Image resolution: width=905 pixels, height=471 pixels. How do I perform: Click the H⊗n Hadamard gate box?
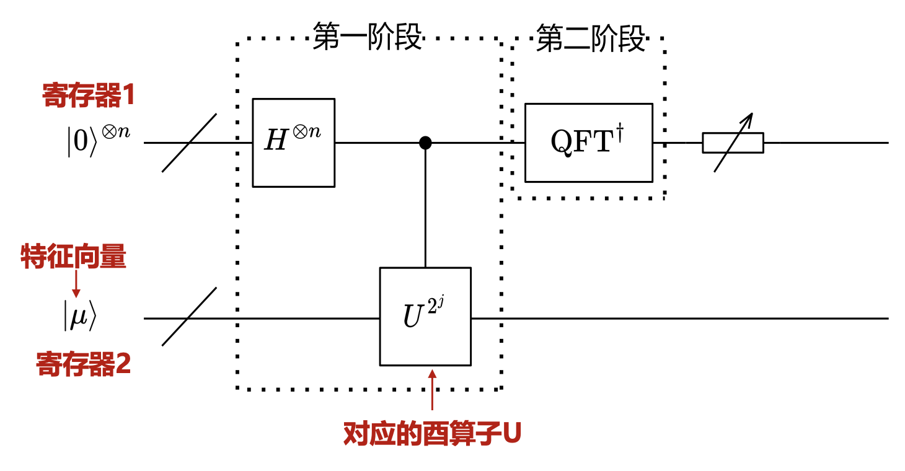(x=293, y=143)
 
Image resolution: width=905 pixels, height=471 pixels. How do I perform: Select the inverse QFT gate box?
(x=588, y=143)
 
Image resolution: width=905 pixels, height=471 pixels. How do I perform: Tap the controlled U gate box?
(x=425, y=317)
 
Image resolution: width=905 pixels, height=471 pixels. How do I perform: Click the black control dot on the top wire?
(x=425, y=143)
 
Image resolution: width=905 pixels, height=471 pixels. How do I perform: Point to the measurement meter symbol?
(x=733, y=143)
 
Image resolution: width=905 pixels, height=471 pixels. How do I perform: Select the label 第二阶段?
(x=591, y=38)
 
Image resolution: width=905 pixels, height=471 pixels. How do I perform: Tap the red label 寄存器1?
(x=89, y=96)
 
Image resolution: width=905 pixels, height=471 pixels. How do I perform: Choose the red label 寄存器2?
(x=83, y=364)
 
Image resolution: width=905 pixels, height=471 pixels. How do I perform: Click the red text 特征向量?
(x=74, y=257)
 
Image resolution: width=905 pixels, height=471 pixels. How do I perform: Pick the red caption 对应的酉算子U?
(x=433, y=434)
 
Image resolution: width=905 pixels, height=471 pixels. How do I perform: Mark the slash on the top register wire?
(x=189, y=143)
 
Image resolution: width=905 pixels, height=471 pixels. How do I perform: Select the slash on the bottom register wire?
(x=189, y=317)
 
